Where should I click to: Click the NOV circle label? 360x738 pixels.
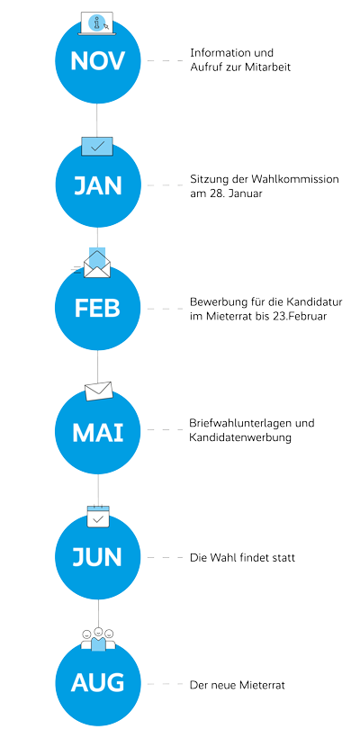[98, 61]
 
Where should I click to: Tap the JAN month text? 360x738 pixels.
[98, 185]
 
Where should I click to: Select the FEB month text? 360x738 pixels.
[97, 309]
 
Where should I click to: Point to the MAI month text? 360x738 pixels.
[98, 433]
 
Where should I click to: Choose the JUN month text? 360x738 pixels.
[98, 557]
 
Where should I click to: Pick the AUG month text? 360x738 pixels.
[98, 682]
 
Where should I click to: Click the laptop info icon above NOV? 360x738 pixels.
[97, 22]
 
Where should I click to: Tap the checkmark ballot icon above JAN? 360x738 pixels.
[97, 147]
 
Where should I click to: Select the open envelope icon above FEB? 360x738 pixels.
[96, 263]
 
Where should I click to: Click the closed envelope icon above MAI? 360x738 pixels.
[99, 391]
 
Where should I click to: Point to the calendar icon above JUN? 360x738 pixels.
[98, 517]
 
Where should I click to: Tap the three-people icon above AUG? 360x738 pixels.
[98, 639]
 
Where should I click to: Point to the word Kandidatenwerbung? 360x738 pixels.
[240, 437]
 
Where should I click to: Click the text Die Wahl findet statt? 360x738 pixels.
[242, 558]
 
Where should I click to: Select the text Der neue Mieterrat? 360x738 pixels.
[238, 685]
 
